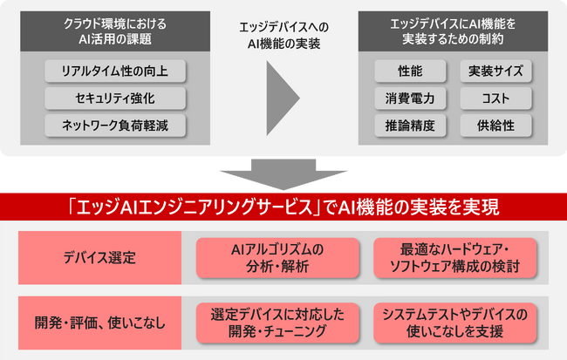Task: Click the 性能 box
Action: click(x=409, y=71)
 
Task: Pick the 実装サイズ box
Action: click(x=495, y=71)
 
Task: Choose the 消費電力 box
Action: click(x=409, y=98)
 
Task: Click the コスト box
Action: click(x=495, y=98)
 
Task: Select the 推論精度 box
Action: click(x=409, y=125)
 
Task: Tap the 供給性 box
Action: click(x=495, y=125)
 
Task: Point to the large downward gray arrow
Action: click(x=283, y=173)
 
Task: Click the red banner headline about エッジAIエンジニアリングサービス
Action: click(x=283, y=208)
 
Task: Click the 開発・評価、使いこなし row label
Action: click(x=99, y=322)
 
